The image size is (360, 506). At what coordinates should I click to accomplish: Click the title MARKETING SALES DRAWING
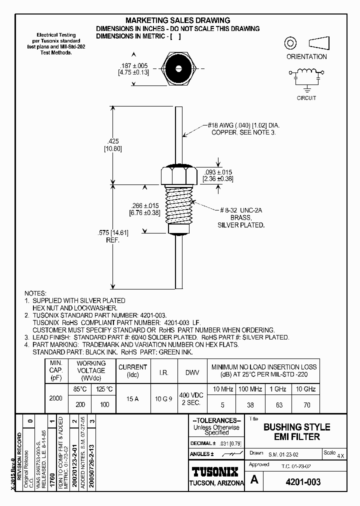point(177,20)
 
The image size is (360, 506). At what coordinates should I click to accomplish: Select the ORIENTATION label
point(306,56)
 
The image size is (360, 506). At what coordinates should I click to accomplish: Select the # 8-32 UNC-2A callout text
point(241,210)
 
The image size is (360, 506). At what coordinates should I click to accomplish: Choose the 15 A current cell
point(132,398)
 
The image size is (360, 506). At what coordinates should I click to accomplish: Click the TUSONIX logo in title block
point(215,471)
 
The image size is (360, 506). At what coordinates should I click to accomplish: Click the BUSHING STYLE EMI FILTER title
point(296,431)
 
